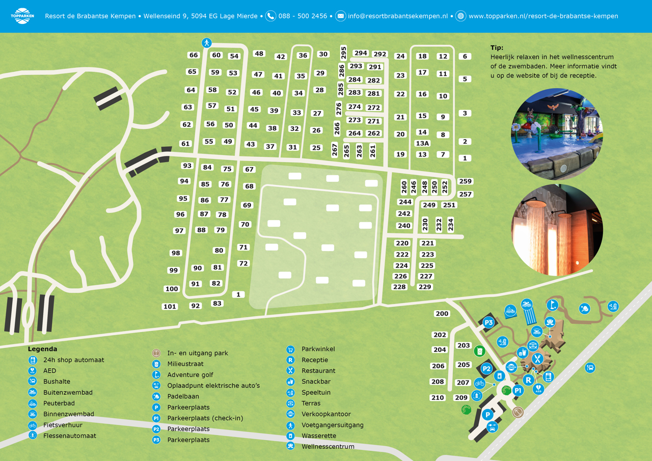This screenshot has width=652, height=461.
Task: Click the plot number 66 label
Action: pyautogui.click(x=194, y=55)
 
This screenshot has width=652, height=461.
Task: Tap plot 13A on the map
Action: pyautogui.click(x=422, y=143)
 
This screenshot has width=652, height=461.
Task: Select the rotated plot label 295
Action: pyautogui.click(x=343, y=53)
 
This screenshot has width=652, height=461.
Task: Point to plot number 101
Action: pyautogui.click(x=170, y=307)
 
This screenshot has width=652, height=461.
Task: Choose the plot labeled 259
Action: pyautogui.click(x=465, y=181)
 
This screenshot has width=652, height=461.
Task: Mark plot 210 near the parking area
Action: pyautogui.click(x=438, y=397)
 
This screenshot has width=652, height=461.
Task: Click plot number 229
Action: pyautogui.click(x=425, y=287)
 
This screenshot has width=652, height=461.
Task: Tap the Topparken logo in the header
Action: pyautogui.click(x=22, y=16)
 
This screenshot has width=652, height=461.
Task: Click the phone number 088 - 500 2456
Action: pyautogui.click(x=303, y=16)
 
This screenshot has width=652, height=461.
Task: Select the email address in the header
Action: pyautogui.click(x=397, y=16)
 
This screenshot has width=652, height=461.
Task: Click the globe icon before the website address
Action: pyautogui.click(x=460, y=16)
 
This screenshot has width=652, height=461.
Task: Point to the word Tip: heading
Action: pyautogui.click(x=497, y=48)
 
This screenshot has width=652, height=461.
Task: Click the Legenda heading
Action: pyautogui.click(x=42, y=349)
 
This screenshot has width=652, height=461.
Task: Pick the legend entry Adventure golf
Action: pyautogui.click(x=190, y=375)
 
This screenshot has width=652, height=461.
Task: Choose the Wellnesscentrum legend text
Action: pyautogui.click(x=328, y=447)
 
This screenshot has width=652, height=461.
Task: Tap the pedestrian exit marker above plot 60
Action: pyautogui.click(x=206, y=43)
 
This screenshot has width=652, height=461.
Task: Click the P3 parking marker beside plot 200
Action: pyautogui.click(x=488, y=322)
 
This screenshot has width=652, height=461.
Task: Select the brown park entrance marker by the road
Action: pyautogui.click(x=518, y=412)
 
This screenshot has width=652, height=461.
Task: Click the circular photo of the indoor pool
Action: pyautogui.click(x=557, y=134)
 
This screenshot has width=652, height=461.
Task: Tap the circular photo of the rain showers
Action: pyautogui.click(x=557, y=230)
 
